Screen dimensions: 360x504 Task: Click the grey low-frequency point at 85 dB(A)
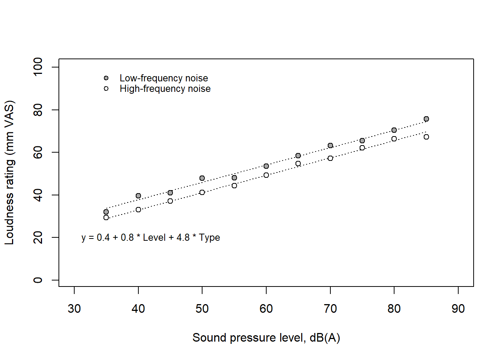426,119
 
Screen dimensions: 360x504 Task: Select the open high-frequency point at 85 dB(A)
426,137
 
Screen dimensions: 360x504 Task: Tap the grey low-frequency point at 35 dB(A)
106,212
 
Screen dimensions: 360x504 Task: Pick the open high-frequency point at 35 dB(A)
106,217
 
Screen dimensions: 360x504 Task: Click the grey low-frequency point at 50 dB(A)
202,178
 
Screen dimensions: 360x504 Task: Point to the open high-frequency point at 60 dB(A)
266,175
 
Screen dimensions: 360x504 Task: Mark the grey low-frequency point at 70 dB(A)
330,145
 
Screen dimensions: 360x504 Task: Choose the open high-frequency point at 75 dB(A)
362,148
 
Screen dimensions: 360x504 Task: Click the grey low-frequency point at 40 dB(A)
138,196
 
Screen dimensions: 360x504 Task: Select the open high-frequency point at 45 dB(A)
170,201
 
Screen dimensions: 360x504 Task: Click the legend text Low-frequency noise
163,78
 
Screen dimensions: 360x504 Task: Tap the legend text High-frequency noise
165,88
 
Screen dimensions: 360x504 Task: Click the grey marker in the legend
106,78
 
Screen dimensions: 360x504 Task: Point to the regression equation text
151,237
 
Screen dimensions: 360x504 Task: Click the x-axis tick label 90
458,309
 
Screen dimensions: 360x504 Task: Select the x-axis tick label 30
74,309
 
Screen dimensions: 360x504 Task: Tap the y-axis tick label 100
38,67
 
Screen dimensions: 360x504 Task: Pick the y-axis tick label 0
38,280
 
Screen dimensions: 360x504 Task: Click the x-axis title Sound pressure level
266,337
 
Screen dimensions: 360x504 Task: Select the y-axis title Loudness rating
9,172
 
